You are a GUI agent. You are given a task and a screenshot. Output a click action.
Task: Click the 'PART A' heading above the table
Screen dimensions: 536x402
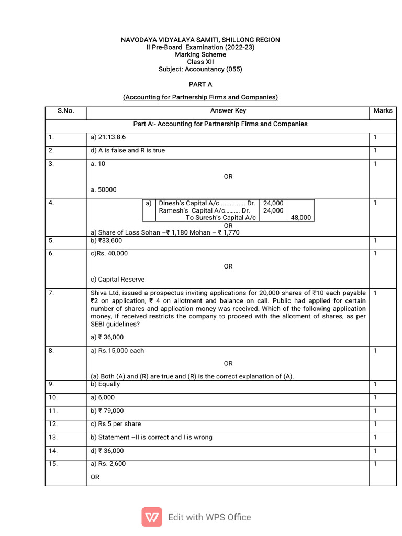coord(200,84)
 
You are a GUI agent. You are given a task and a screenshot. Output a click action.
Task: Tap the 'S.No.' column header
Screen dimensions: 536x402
coord(66,111)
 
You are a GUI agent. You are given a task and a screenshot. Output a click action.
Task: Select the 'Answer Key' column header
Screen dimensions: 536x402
coord(228,111)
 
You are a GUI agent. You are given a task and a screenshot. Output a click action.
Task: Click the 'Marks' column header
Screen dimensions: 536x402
coord(383,111)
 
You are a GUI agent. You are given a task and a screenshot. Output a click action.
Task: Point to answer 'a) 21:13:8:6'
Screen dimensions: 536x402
coord(108,137)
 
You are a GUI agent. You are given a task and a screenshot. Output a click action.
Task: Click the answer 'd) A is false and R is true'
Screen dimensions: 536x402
coord(128,151)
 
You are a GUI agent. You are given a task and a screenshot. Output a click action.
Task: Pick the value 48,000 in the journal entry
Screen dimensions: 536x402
coord(300,218)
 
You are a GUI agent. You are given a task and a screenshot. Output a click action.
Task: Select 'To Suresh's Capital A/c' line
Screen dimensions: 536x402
coord(221,218)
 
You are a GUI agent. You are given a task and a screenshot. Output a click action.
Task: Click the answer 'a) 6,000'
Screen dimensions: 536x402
coord(103,398)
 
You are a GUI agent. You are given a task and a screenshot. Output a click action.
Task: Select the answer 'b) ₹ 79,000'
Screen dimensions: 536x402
coord(107,411)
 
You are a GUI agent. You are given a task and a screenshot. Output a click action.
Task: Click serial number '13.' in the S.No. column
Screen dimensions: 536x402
coord(53,438)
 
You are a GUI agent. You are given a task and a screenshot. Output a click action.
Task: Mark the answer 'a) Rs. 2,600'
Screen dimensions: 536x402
coord(108,464)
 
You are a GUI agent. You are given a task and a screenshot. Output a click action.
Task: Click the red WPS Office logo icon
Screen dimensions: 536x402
coord(152,517)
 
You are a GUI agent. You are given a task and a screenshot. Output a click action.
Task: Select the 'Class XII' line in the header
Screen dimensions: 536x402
coord(200,62)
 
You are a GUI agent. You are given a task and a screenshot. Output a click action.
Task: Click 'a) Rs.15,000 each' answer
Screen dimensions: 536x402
coord(118,351)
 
